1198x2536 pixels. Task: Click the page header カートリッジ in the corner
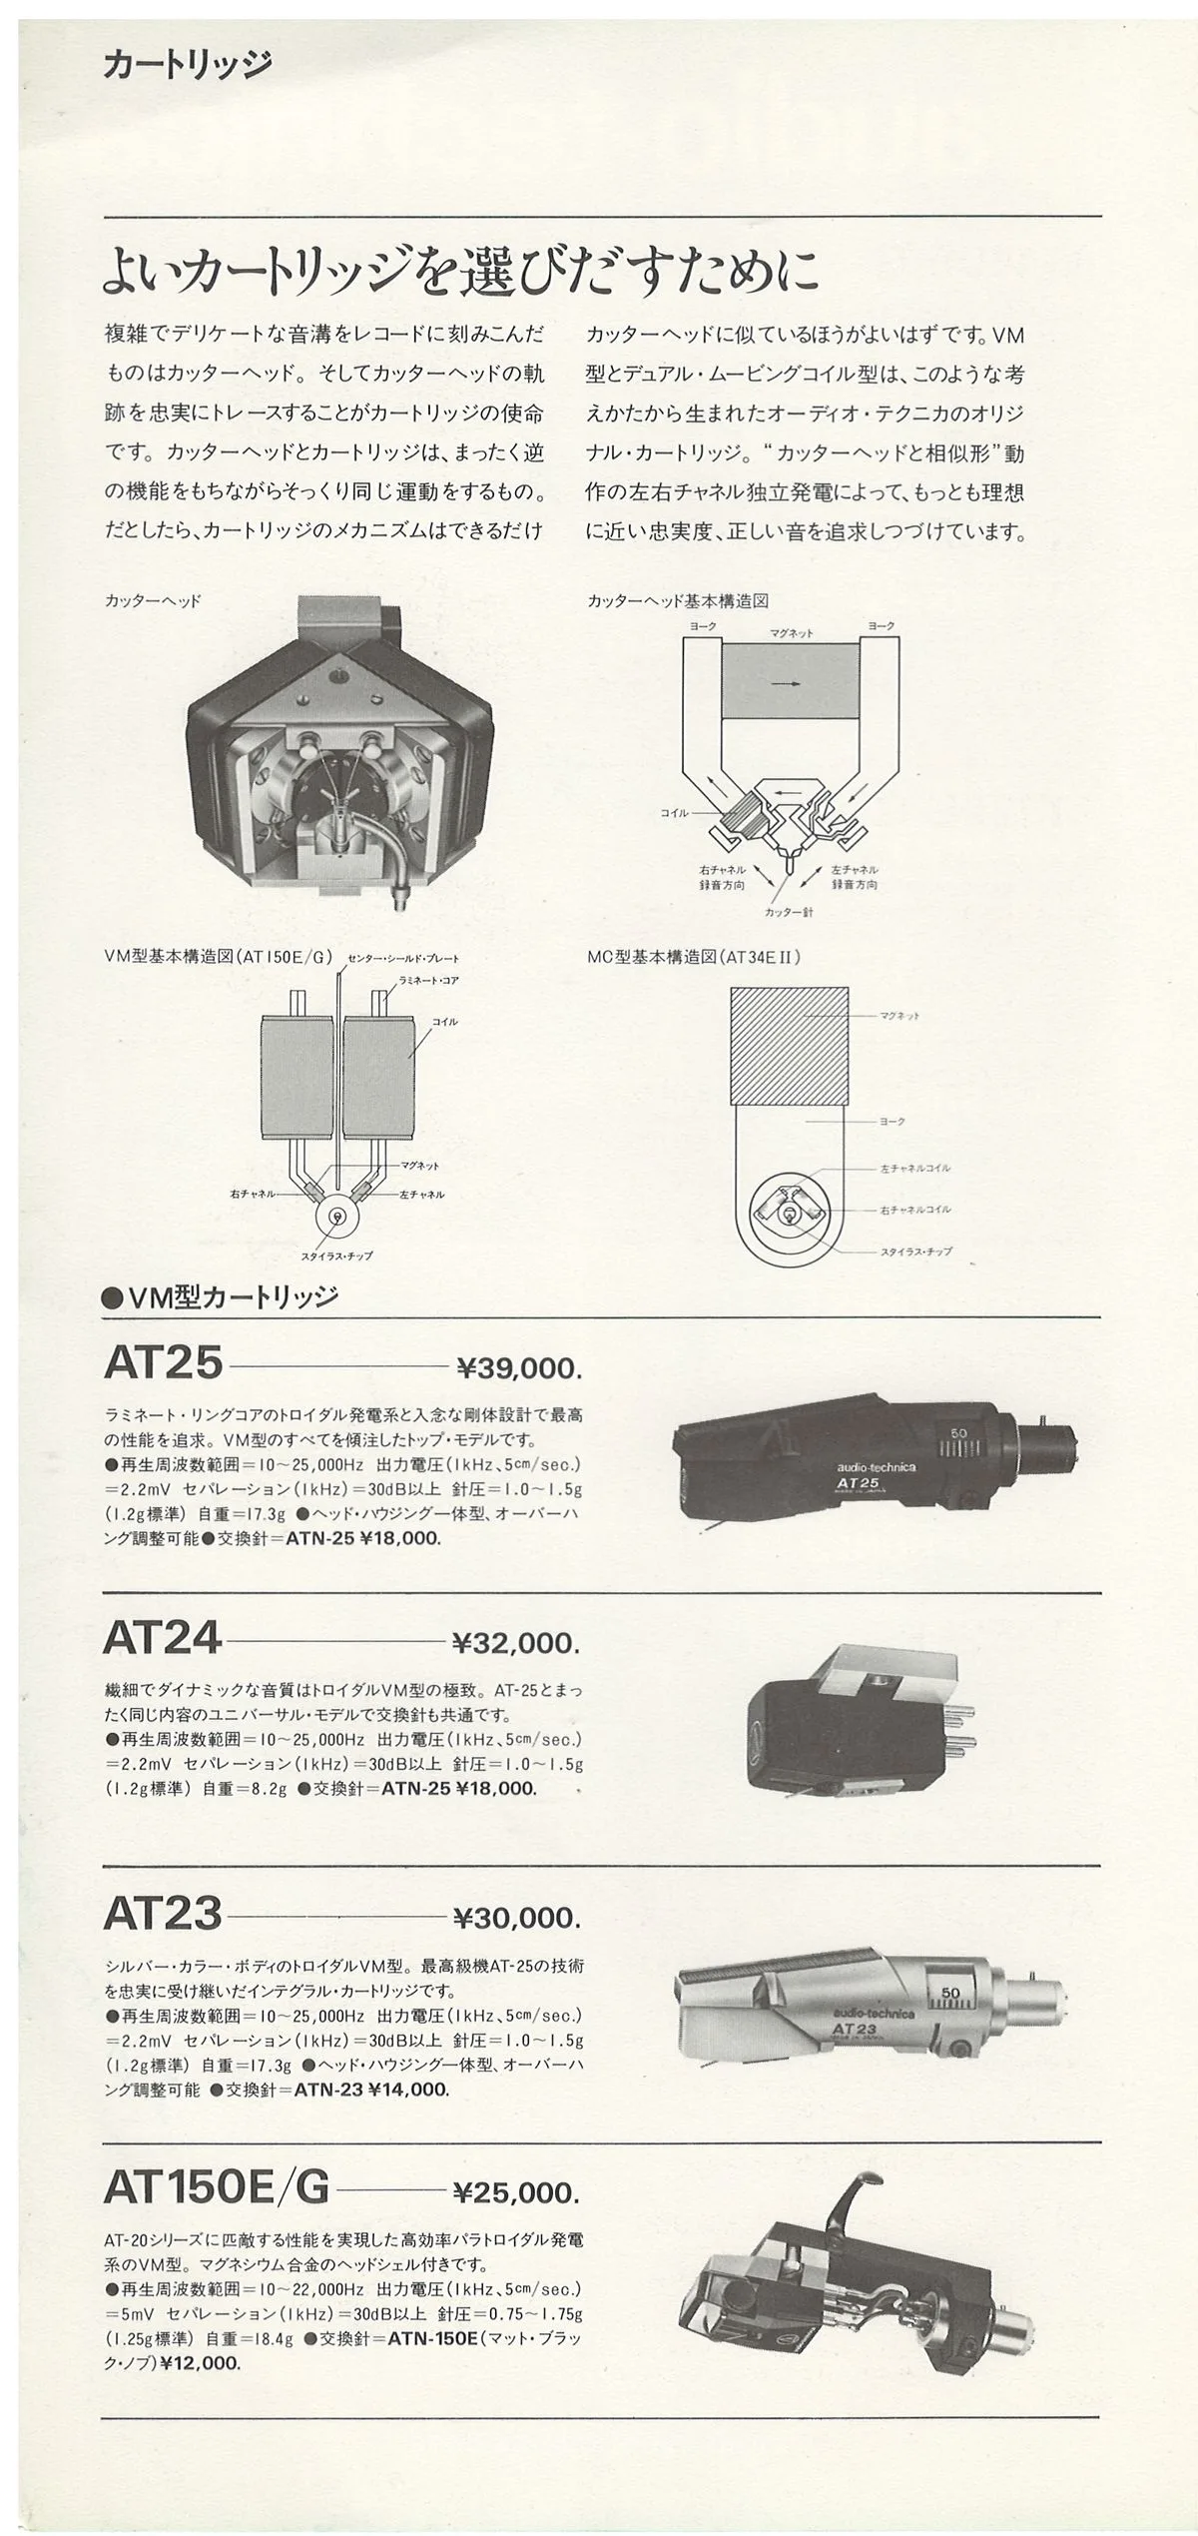(x=187, y=66)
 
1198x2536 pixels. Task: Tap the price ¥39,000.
(x=518, y=1367)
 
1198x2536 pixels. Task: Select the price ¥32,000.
(x=515, y=1642)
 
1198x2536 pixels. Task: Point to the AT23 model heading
(x=162, y=1914)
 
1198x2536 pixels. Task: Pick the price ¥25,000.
(x=515, y=2193)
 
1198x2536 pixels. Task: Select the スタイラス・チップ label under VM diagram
(x=337, y=1256)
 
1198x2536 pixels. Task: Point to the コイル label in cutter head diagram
(x=675, y=813)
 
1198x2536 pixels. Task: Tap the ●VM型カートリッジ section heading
(x=221, y=1297)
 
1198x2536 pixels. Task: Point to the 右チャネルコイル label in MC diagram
(x=914, y=1209)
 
